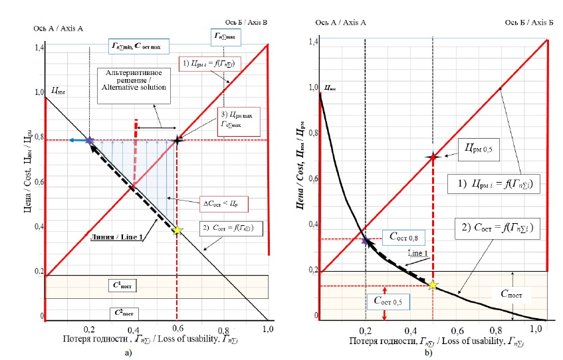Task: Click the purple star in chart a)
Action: click(90, 140)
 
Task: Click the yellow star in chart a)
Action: click(177, 230)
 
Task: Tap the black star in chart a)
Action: click(177, 140)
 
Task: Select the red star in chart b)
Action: click(433, 157)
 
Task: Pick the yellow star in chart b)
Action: click(433, 284)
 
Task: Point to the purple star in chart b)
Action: click(366, 240)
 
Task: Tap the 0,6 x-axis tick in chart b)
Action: click(456, 330)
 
